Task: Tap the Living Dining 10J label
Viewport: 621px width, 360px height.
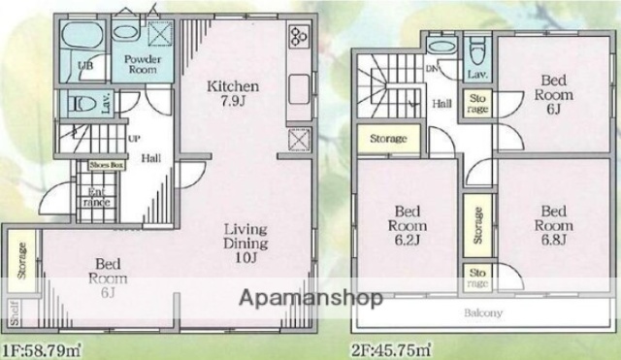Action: pos(245,245)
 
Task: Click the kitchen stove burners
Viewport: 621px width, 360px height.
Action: pos(297,41)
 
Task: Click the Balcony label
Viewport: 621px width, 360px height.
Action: pos(482,313)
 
